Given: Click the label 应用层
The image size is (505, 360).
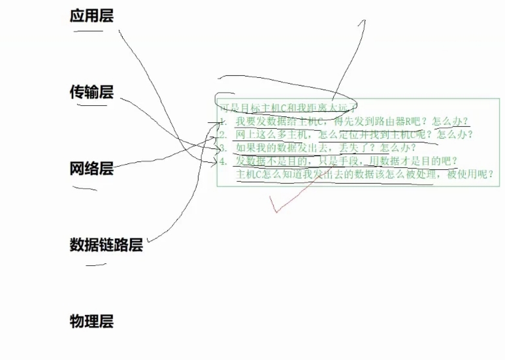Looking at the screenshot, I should [x=91, y=16].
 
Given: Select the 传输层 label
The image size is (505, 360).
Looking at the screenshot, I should [x=91, y=92].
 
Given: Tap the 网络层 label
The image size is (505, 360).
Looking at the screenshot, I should [x=91, y=169].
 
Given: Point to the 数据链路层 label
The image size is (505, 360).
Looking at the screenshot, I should [x=106, y=245].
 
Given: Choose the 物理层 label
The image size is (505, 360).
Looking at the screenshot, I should [x=91, y=321].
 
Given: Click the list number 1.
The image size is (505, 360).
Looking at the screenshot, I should [x=223, y=122].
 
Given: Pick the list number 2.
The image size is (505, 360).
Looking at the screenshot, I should [x=223, y=135].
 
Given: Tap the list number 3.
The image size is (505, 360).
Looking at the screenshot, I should [x=223, y=148].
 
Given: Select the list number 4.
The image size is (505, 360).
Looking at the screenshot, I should [x=223, y=161].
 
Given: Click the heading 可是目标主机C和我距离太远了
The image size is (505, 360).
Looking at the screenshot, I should [x=287, y=107].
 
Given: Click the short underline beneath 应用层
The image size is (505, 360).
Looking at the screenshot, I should [x=88, y=30].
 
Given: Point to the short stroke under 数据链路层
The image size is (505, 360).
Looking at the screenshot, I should [x=95, y=265].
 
